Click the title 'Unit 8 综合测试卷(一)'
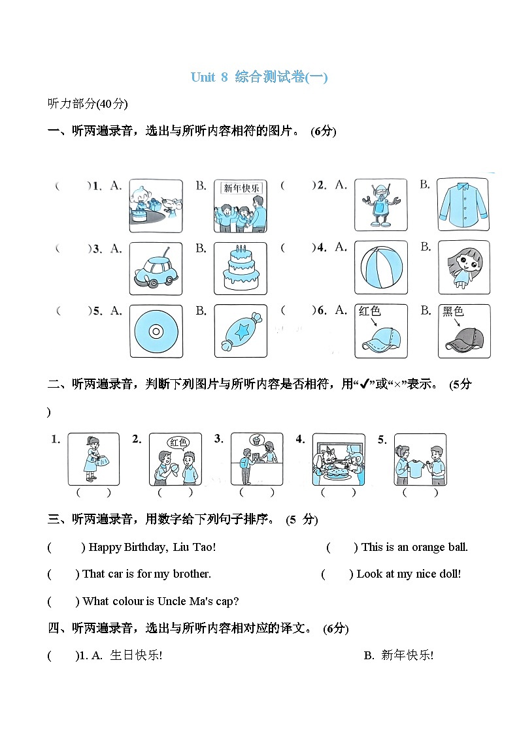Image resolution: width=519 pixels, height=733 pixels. coord(259,77)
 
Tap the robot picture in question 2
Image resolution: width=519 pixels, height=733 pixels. coord(380,205)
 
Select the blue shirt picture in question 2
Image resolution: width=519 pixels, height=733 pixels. coord(463,204)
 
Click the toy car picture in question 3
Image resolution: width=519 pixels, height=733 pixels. coord(156,269)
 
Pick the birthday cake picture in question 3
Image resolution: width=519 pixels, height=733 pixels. coord(240,268)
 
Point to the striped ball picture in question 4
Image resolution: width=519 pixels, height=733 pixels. coord(380,268)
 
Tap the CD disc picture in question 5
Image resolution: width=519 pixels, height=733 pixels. coord(156,331)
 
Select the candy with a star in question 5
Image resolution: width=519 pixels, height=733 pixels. coord(240,331)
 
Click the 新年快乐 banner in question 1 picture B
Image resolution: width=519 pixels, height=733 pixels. coord(241,188)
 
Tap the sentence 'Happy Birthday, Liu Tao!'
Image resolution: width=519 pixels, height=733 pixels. coord(152,547)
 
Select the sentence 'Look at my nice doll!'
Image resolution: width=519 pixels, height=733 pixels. coord(409,574)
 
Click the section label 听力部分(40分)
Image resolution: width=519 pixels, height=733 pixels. coord(88,103)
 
